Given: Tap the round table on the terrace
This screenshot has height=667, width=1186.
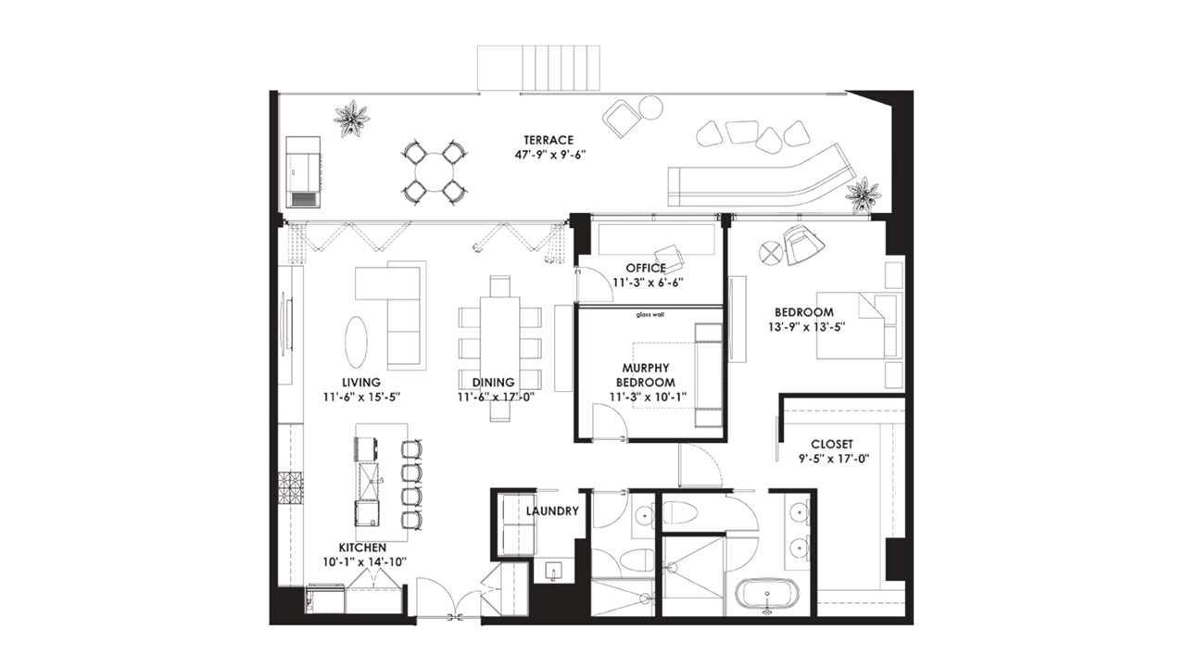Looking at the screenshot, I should [x=433, y=171].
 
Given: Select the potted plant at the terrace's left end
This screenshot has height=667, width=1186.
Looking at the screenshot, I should [x=351, y=119].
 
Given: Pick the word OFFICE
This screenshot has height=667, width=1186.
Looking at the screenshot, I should [x=646, y=269].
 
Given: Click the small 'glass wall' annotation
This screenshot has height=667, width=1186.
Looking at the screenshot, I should [x=650, y=315].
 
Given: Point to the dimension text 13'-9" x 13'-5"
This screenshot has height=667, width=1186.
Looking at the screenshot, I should [x=805, y=327].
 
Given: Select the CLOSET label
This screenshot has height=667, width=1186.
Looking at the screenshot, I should [x=831, y=444].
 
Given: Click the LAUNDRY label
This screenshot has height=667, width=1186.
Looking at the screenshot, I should [x=552, y=510].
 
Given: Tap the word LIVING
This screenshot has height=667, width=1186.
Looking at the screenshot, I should [x=360, y=382].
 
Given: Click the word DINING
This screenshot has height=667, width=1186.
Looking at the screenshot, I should [x=493, y=382].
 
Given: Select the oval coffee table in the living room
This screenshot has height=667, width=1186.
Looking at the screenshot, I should [x=356, y=342].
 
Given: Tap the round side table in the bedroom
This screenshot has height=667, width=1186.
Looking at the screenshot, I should [x=771, y=253].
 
